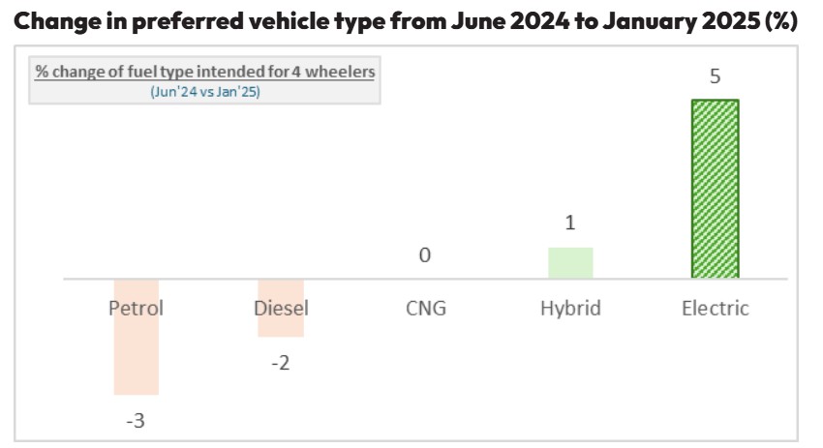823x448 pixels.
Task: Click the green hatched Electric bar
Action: point(715,189)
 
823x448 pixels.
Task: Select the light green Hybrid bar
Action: point(570,263)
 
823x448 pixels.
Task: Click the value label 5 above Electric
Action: point(715,76)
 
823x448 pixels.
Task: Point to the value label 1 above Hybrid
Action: point(570,224)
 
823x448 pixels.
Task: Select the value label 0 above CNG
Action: point(425,255)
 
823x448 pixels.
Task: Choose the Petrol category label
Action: point(136,309)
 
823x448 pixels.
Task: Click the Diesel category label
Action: point(281,309)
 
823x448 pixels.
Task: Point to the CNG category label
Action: point(425,309)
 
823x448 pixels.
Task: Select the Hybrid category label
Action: point(570,309)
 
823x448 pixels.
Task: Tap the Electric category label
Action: point(715,309)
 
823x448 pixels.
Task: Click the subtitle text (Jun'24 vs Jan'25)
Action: point(205,92)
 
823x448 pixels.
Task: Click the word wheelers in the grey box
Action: point(339,72)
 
